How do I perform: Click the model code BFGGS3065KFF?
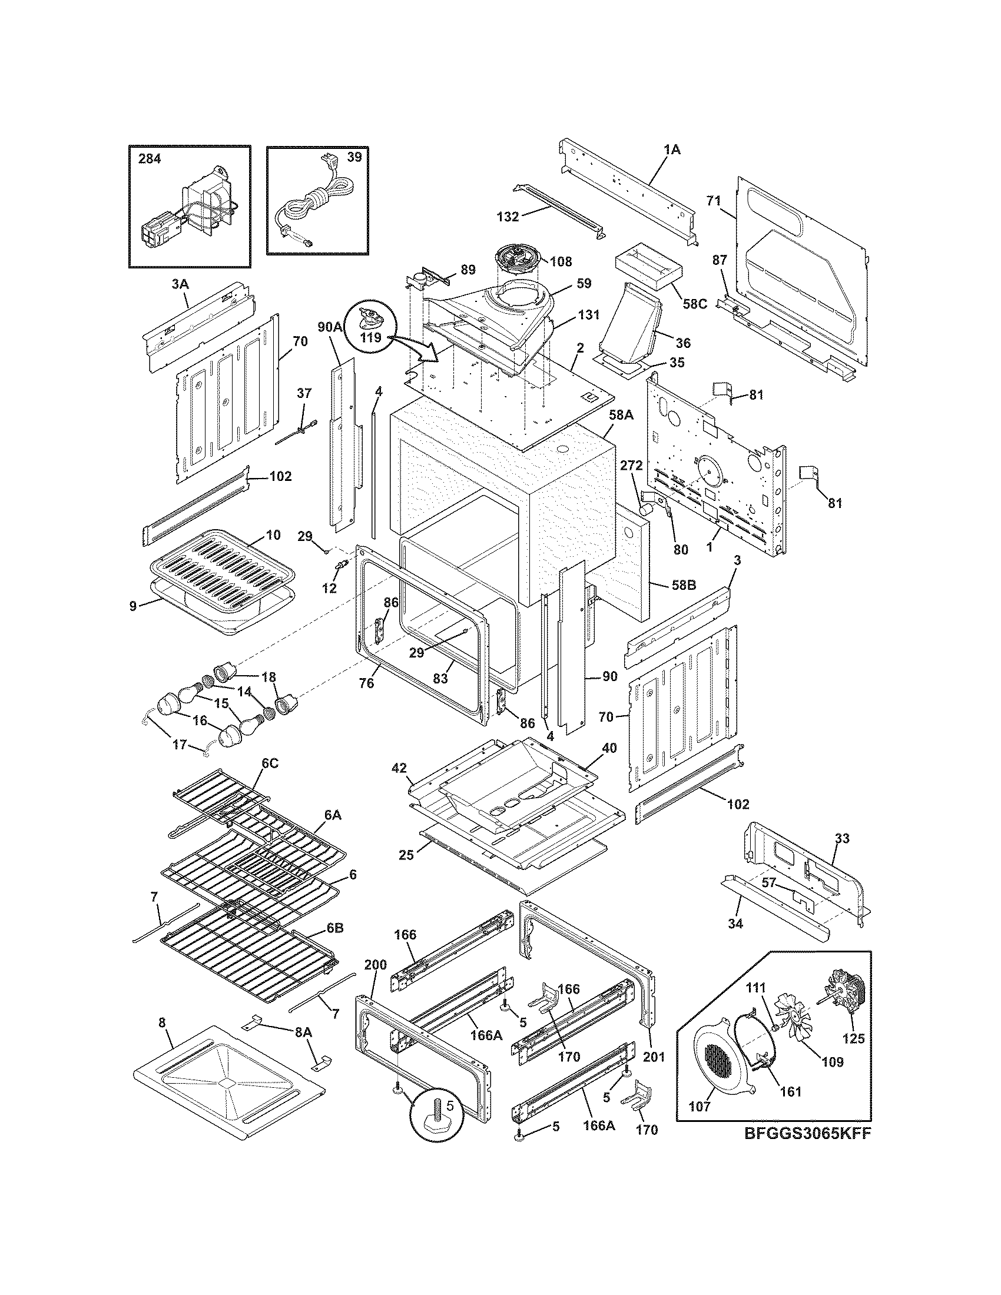click(807, 1150)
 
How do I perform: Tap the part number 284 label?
click(150, 159)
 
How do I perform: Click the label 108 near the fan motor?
click(561, 261)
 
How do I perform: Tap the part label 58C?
click(694, 304)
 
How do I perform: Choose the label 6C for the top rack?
click(270, 763)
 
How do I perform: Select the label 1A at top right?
click(671, 150)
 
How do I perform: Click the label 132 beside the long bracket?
click(508, 217)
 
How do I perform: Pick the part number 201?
click(654, 1057)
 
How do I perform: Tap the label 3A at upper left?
click(180, 284)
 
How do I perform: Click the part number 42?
click(398, 768)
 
